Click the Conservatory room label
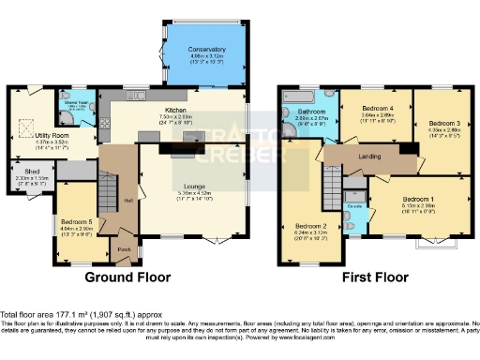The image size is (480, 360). (206, 49)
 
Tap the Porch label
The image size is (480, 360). (124, 249)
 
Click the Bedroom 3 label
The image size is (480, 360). (444, 124)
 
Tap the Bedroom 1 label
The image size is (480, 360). (417, 199)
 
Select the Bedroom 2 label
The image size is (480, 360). (310, 226)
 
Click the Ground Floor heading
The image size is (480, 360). (127, 277)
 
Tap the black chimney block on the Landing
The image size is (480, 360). (408, 149)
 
